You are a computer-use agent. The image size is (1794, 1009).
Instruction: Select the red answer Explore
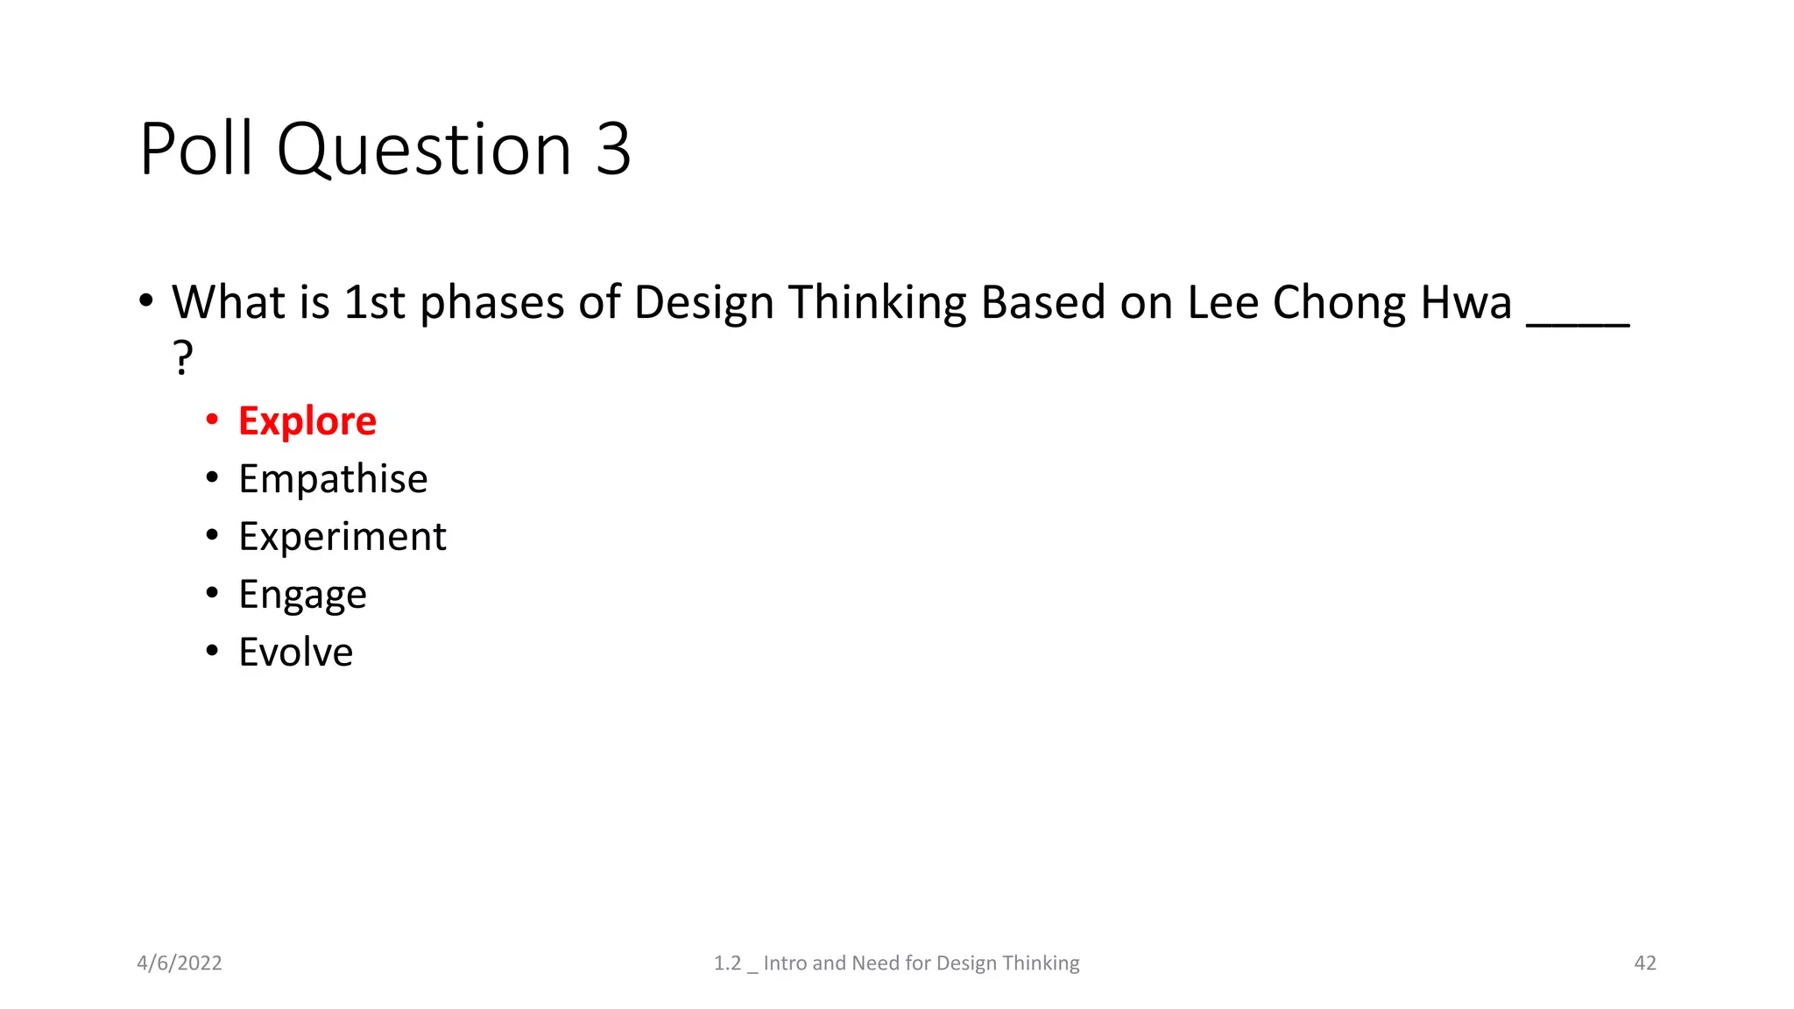point(307,421)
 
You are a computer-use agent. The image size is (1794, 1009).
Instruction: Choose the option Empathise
point(333,479)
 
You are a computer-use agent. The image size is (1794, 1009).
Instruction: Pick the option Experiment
point(342,537)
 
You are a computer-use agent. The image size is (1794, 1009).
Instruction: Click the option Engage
point(302,595)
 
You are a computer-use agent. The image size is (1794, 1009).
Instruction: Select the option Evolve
point(295,653)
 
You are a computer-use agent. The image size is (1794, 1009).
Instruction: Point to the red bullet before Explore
point(212,420)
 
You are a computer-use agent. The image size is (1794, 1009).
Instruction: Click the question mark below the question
point(182,357)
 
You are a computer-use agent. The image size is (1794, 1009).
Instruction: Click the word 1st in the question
point(374,303)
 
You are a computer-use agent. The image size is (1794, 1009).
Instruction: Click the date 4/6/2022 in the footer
point(180,963)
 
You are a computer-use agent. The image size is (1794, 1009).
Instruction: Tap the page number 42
point(1645,963)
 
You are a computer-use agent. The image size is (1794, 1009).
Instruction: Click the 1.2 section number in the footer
point(727,963)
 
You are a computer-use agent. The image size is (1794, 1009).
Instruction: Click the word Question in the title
point(424,149)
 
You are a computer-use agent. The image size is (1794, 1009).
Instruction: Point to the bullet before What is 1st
point(146,301)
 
